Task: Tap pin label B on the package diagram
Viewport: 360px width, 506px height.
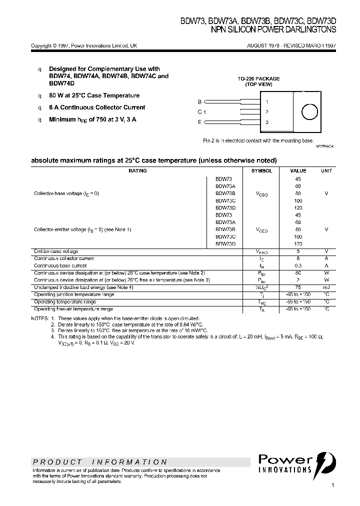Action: pyautogui.click(x=200, y=101)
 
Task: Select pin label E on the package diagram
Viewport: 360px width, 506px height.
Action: pyautogui.click(x=200, y=122)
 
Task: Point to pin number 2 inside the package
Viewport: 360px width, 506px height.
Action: pyautogui.click(x=267, y=111)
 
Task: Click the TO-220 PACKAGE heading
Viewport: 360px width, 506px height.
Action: pyautogui.click(x=258, y=79)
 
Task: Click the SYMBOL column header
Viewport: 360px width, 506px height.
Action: pyautogui.click(x=261, y=171)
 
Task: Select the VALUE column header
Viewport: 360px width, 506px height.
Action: pyautogui.click(x=298, y=171)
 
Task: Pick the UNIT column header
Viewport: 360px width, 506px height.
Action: pyautogui.click(x=326, y=171)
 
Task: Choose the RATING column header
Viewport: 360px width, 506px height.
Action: pyautogui.click(x=138, y=171)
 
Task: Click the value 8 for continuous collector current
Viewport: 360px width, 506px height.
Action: pyautogui.click(x=298, y=258)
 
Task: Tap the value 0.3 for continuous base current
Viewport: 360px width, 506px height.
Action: pyautogui.click(x=298, y=265)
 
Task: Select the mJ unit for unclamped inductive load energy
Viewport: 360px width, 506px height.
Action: pyautogui.click(x=326, y=287)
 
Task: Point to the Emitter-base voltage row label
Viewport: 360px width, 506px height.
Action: pyautogui.click(x=56, y=251)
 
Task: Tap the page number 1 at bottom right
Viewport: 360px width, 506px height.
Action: pyautogui.click(x=332, y=485)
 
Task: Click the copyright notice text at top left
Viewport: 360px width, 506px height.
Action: pyautogui.click(x=84, y=45)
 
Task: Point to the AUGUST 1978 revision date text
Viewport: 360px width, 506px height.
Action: pyautogui.click(x=291, y=45)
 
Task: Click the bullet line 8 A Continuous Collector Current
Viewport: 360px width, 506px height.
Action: pyautogui.click(x=97, y=107)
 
